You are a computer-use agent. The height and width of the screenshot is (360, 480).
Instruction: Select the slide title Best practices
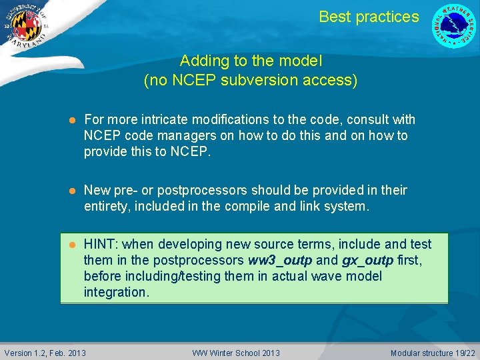pos(369,17)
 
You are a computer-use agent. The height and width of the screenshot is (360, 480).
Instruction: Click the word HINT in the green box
pos(101,245)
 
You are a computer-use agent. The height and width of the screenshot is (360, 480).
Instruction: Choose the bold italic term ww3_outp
pos(276,260)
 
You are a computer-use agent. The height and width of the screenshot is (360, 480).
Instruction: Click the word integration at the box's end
pos(114,292)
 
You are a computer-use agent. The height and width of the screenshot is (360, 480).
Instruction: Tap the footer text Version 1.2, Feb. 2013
pos(45,353)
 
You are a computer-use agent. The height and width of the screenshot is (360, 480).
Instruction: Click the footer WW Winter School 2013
pos(236,353)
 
